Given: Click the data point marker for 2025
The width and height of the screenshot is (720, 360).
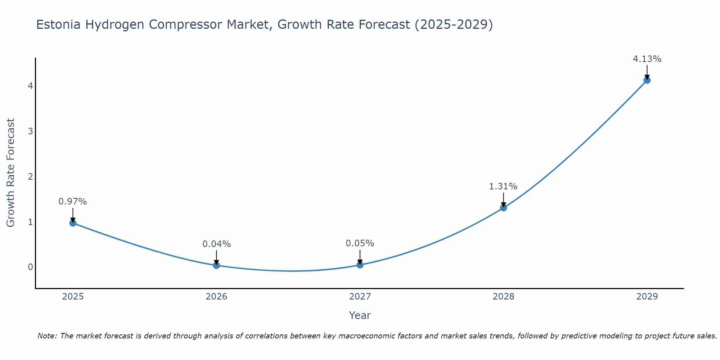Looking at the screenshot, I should click(x=73, y=223).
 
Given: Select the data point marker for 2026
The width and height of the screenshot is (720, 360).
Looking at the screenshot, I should click(x=216, y=265).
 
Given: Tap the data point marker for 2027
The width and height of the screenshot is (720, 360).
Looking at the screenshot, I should click(x=360, y=265).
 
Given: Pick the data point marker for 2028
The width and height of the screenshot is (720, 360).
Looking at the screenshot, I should click(x=504, y=208).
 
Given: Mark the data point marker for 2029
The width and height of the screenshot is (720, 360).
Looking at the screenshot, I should click(x=647, y=80).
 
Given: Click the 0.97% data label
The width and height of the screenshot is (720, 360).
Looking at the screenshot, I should click(x=73, y=202).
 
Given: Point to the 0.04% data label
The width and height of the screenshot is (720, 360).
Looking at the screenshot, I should click(x=216, y=244).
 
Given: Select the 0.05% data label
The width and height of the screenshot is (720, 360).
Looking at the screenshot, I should click(x=360, y=243).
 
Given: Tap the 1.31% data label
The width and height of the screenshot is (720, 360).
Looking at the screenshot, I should click(x=503, y=186).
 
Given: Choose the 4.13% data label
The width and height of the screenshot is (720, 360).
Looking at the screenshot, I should click(x=647, y=59).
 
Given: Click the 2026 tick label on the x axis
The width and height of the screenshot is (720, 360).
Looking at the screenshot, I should click(x=216, y=297).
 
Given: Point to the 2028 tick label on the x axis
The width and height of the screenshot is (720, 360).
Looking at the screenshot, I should click(x=504, y=297).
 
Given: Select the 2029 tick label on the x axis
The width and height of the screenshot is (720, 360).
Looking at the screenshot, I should click(x=647, y=297).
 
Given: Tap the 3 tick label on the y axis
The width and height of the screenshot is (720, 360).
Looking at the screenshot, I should click(x=30, y=131).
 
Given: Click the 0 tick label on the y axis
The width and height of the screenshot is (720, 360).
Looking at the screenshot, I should click(x=30, y=267).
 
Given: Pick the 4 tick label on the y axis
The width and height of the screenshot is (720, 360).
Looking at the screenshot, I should click(x=30, y=86).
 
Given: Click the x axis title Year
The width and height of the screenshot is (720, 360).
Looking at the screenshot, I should click(x=360, y=315).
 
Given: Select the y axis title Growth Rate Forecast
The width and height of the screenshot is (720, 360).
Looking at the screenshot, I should click(x=11, y=173).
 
